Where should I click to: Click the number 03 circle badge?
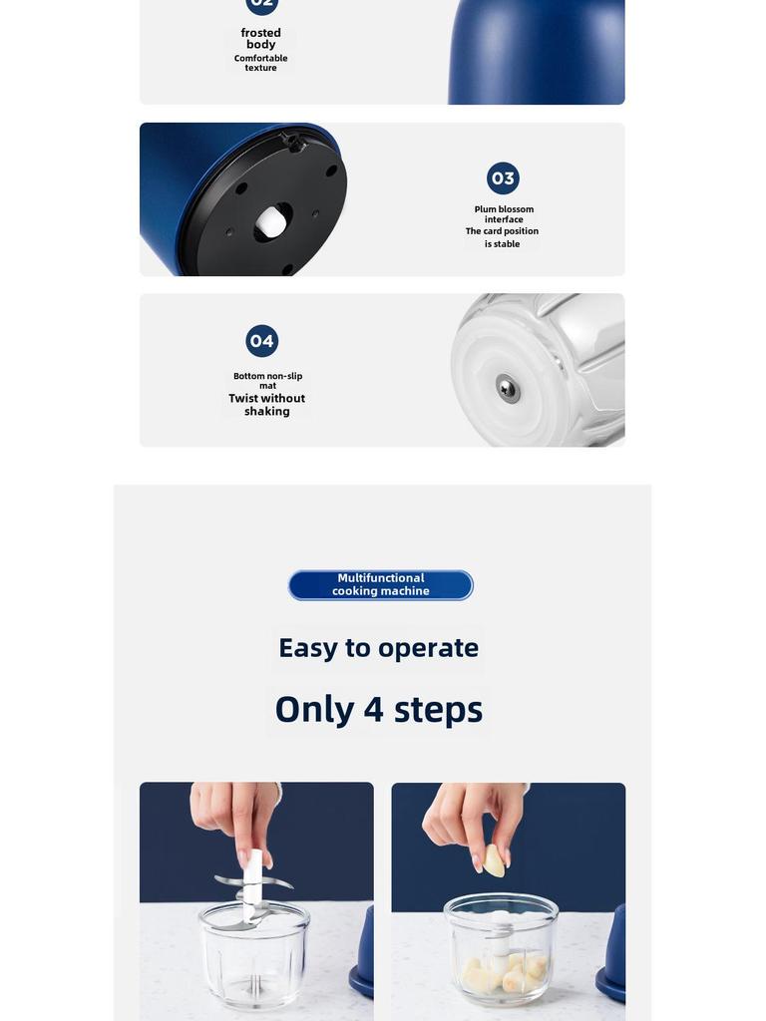coord(503,178)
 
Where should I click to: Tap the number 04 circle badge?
coord(262,341)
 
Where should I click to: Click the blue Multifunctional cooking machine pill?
coord(381,584)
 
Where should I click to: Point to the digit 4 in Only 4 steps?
coord(373,709)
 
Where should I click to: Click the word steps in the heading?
coord(439,711)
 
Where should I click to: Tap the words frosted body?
coord(261,39)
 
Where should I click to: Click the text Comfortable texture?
coord(260,63)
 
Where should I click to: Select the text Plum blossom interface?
coord(504,214)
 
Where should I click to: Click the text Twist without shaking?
coord(267,405)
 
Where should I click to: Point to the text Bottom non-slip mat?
coord(267,380)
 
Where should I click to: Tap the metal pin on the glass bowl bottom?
coord(508,389)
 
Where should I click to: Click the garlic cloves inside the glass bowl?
coord(502,970)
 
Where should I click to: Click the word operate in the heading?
coord(429,649)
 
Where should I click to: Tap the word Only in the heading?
coord(315,710)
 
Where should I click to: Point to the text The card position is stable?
coord(503,237)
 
